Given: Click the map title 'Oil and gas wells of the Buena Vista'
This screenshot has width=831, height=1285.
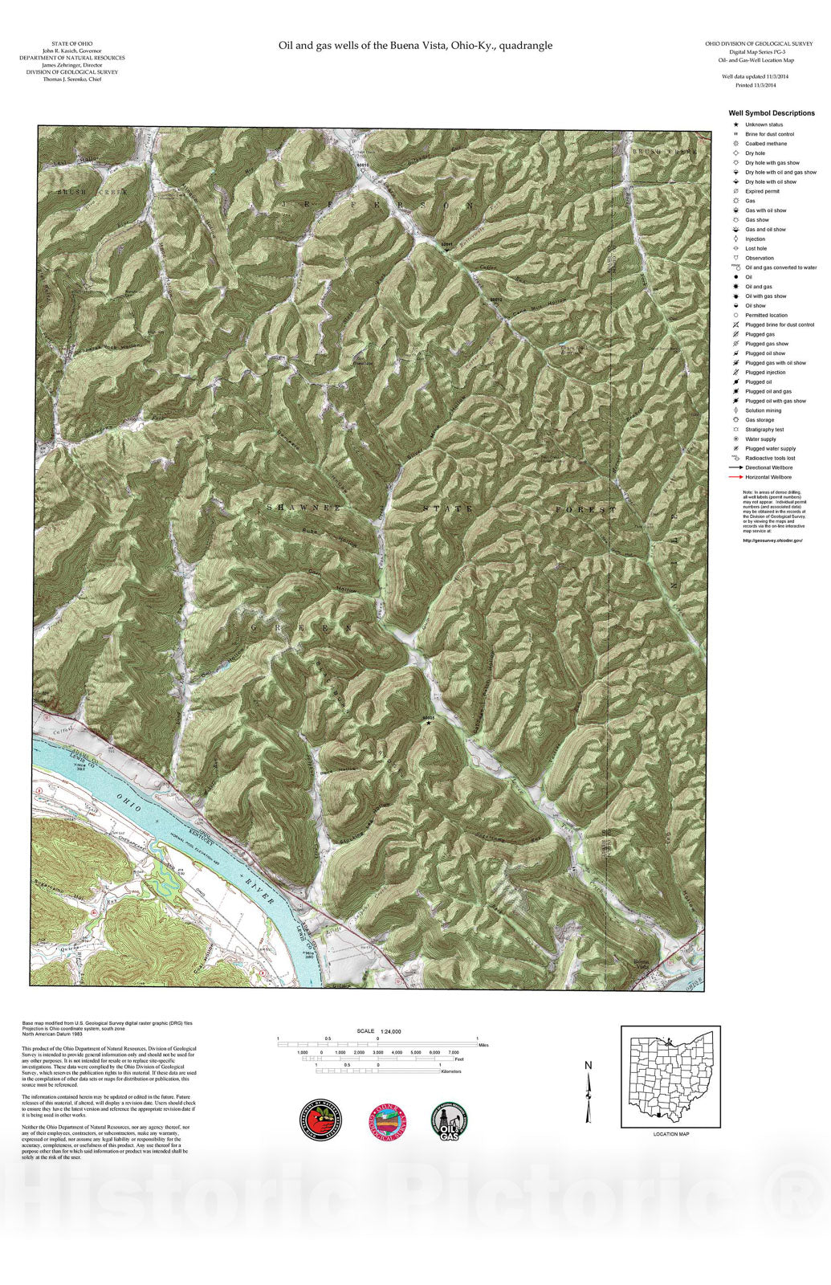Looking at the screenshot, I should (x=415, y=46).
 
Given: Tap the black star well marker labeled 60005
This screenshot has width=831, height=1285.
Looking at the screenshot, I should (x=429, y=723).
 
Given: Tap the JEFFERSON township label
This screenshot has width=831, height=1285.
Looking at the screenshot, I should (x=376, y=206).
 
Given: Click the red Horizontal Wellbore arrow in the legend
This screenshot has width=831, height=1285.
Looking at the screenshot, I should (x=735, y=477).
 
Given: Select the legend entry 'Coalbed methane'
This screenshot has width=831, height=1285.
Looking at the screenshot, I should (x=765, y=144).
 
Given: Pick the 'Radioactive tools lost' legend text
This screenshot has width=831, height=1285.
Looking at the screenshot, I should (x=770, y=458).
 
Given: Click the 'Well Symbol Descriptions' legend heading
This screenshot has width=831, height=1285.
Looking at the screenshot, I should (x=772, y=113).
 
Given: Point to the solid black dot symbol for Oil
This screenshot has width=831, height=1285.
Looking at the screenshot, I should (x=735, y=277).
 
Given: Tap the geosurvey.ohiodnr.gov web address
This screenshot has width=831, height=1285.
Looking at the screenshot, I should (x=773, y=541).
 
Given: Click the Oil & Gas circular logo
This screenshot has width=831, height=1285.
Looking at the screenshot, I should (x=449, y=1121).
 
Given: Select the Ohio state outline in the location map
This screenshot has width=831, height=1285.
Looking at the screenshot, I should (x=671, y=1075).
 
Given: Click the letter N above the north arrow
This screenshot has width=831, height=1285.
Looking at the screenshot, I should (x=589, y=1066).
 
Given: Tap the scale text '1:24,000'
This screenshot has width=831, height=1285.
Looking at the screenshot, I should (x=391, y=1031).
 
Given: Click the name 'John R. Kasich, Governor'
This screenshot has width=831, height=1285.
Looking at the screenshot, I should (x=72, y=51).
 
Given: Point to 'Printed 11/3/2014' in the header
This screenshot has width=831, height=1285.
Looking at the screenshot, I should (x=756, y=84).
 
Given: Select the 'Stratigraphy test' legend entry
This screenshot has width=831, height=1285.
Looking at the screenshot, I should (x=764, y=430).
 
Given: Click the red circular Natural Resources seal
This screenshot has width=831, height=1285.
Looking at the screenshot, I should (x=321, y=1121).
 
